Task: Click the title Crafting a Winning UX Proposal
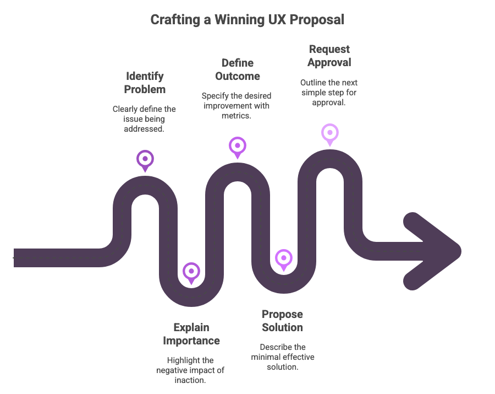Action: (247, 20)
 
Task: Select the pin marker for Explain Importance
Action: (191, 272)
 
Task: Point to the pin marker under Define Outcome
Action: (237, 146)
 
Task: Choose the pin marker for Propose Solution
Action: (283, 258)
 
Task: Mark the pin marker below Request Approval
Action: (329, 133)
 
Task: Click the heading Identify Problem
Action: (145, 82)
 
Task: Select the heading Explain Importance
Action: (191, 334)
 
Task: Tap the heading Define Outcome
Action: (238, 69)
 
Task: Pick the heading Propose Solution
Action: (282, 321)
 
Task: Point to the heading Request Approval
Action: (329, 56)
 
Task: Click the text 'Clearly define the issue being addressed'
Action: (145, 118)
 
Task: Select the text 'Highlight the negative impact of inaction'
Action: (191, 370)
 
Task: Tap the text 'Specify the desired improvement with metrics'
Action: (237, 105)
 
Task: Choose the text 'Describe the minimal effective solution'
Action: (283, 357)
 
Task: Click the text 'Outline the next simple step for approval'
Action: (329, 92)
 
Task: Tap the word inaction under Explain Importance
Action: (191, 379)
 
